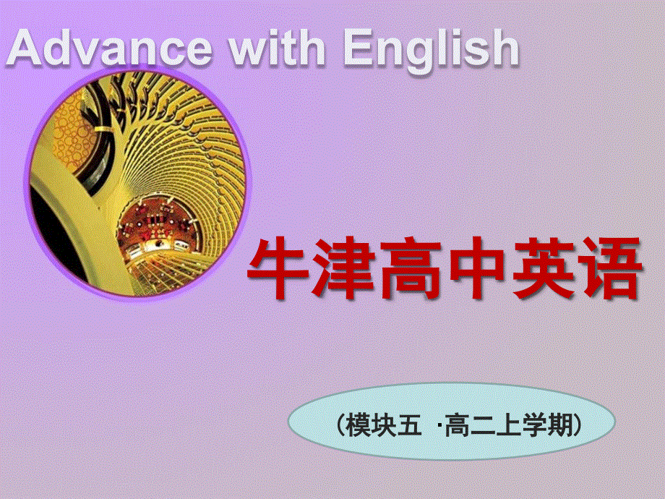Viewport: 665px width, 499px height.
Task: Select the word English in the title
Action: click(432, 49)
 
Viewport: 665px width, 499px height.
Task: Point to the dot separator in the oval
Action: click(439, 426)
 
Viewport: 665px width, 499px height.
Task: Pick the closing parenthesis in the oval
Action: click(576, 425)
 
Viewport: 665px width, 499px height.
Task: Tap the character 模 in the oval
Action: click(358, 425)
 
